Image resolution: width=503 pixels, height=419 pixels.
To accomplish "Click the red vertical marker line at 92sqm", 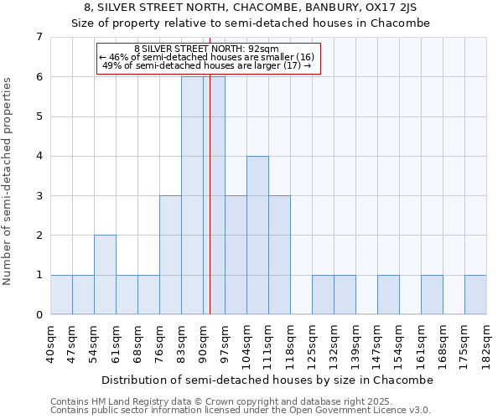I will point(210,193).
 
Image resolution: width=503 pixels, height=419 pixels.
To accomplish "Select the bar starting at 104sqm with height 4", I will point(257,235).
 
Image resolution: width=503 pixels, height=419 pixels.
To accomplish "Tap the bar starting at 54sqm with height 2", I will point(105,275).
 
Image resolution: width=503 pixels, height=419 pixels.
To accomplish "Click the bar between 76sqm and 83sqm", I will point(170,255).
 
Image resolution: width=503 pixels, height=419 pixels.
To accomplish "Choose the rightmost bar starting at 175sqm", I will point(475,295).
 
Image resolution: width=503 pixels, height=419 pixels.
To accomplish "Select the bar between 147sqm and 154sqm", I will point(388,295).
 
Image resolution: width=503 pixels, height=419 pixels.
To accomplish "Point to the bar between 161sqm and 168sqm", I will point(432,295).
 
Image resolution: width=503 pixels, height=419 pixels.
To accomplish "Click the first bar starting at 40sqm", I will point(61,295).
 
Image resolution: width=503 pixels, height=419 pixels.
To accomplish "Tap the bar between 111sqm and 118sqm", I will point(279,255).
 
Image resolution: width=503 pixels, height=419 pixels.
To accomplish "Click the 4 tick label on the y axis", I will point(39,156).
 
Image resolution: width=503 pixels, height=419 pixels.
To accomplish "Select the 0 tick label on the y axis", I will point(39,315).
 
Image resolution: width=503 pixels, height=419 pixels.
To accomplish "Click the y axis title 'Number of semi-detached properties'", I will point(8,181).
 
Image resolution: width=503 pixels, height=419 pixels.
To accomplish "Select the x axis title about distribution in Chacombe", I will point(268,380).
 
